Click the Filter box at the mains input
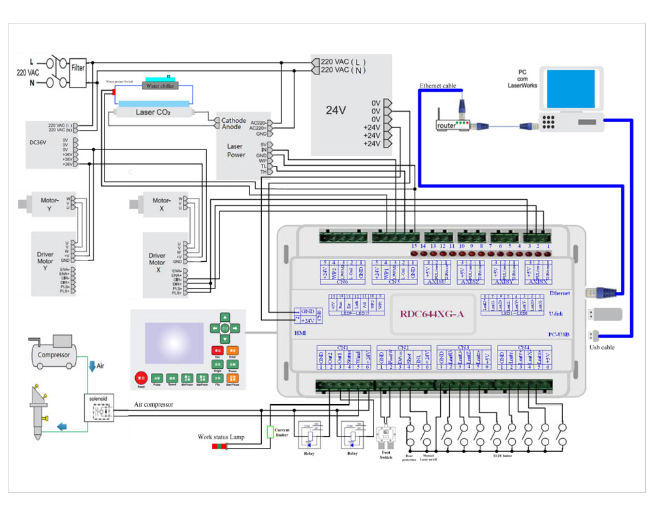[78, 67]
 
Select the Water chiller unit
[160, 86]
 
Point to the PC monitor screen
[570, 90]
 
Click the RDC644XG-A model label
[432, 315]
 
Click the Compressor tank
[54, 355]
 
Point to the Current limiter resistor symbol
[269, 432]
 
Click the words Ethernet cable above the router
[438, 86]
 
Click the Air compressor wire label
[154, 405]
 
